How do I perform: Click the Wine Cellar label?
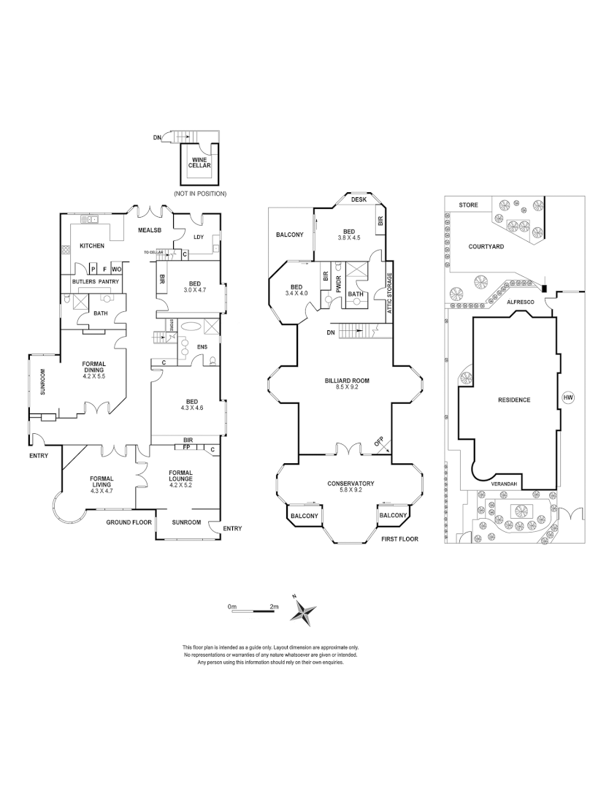pos(201,163)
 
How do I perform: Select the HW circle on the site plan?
pos(569,397)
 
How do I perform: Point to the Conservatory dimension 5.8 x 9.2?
pos(351,491)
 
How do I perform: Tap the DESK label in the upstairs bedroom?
pos(358,199)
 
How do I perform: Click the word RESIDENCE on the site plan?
pos(513,400)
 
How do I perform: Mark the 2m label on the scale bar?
pos(274,606)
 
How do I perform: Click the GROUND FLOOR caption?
pos(128,522)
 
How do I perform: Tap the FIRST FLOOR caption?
pos(399,538)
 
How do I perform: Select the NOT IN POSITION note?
pos(200,194)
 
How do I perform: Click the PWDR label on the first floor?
pos(338,282)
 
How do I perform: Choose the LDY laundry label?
pos(198,236)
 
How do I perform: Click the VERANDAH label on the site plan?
pos(504,484)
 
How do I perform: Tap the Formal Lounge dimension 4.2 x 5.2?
pos(180,485)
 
